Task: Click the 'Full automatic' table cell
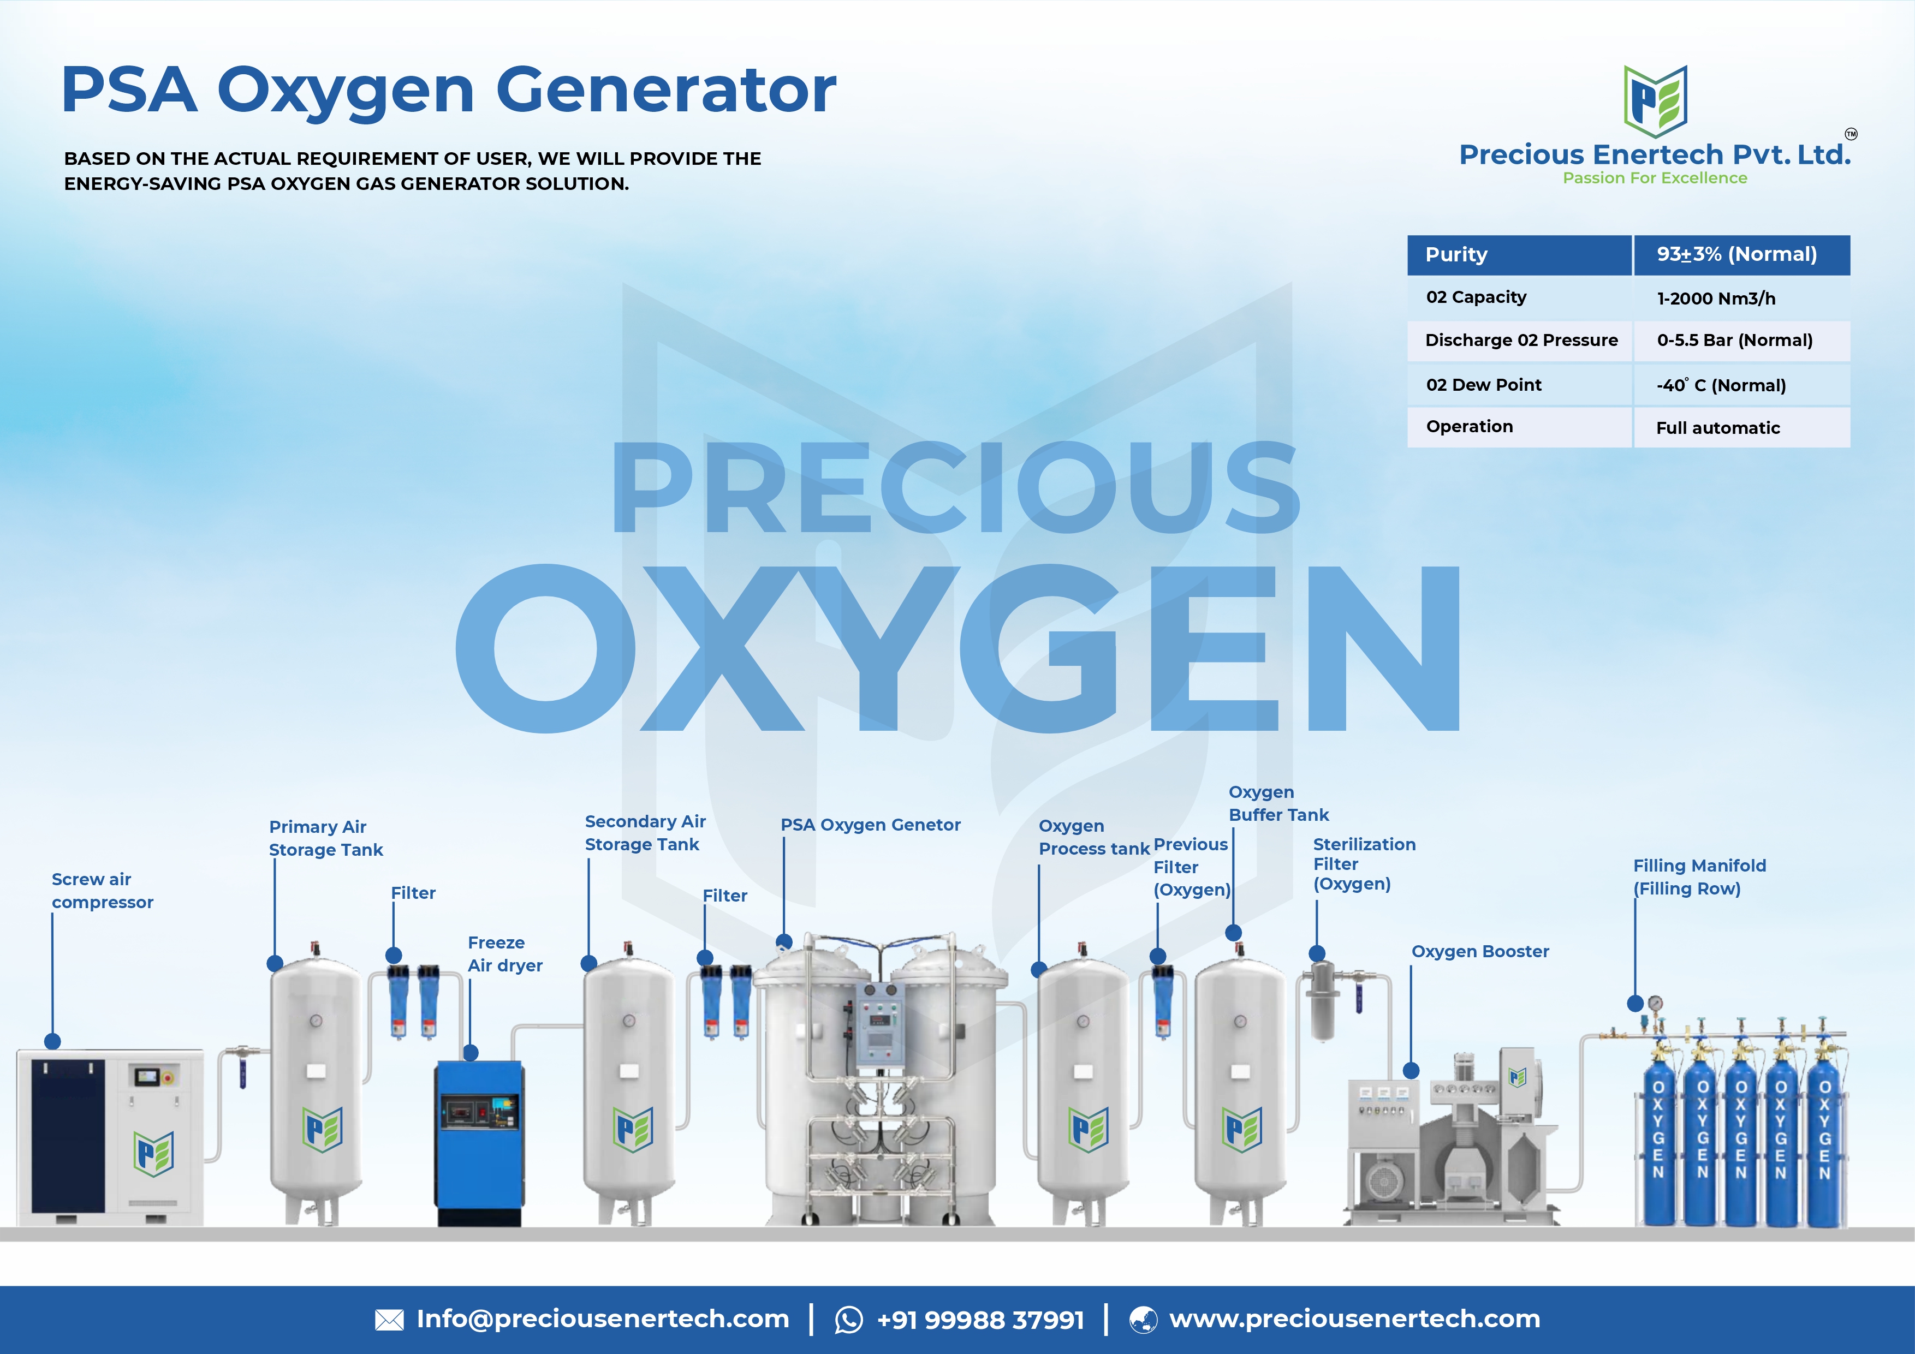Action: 1717,428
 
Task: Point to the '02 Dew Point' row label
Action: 1483,384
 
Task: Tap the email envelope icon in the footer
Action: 390,1320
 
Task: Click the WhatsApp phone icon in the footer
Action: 849,1320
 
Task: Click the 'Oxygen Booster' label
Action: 1479,951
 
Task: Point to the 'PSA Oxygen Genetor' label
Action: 870,825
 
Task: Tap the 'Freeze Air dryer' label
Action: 504,954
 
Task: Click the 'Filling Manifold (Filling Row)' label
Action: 1699,877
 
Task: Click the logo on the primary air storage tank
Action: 322,1129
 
